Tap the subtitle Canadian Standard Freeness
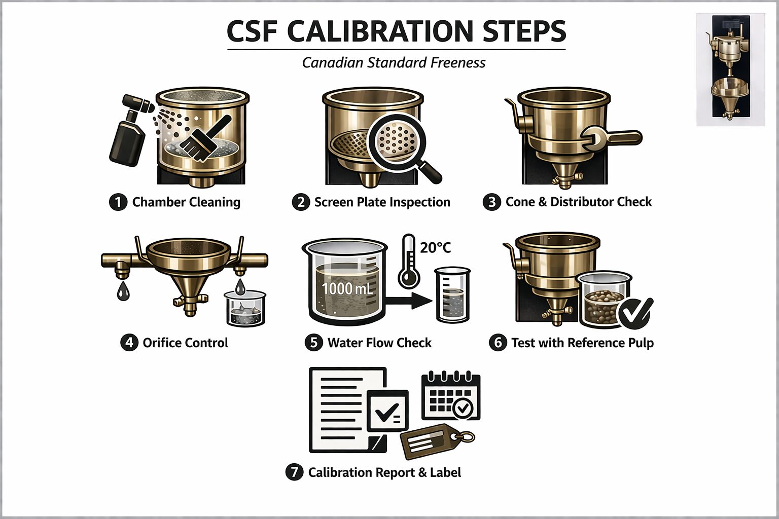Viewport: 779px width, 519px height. [x=394, y=63]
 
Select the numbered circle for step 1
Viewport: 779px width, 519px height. [x=118, y=202]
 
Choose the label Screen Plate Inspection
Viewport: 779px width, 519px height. [x=382, y=202]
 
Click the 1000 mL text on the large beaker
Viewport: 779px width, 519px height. [x=347, y=288]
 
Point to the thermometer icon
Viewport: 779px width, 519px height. [x=409, y=261]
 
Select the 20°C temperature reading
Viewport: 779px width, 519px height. [x=436, y=248]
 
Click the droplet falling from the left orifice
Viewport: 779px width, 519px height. [x=123, y=291]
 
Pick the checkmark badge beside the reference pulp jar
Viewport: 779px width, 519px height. [x=635, y=313]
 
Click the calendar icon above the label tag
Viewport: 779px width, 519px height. [x=451, y=396]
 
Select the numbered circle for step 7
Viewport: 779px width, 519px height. [x=294, y=472]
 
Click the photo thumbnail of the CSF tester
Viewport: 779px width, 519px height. [x=731, y=69]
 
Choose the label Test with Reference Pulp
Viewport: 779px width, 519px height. [x=583, y=343]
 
